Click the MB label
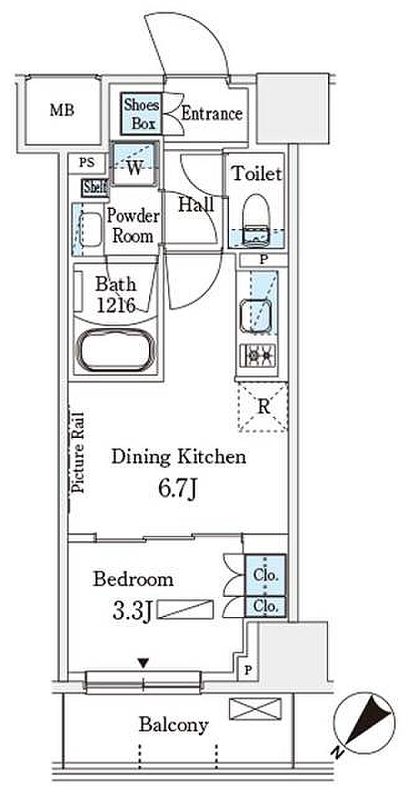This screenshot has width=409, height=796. pyautogui.click(x=62, y=110)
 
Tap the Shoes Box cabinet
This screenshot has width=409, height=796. pyautogui.click(x=141, y=114)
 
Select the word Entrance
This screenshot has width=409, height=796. pyautogui.click(x=212, y=114)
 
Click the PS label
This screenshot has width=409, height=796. pyautogui.click(x=87, y=163)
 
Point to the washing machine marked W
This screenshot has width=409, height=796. pyautogui.click(x=134, y=164)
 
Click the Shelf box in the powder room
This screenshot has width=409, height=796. pyautogui.click(x=95, y=187)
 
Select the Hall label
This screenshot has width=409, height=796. pyautogui.click(x=196, y=205)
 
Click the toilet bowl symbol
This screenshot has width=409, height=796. pyautogui.click(x=255, y=220)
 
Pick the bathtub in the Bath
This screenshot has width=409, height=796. pyautogui.click(x=116, y=350)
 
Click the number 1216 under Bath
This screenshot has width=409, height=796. pyautogui.click(x=116, y=305)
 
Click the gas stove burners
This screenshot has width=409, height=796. pyautogui.click(x=258, y=355)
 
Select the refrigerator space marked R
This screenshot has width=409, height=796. pyautogui.click(x=263, y=407)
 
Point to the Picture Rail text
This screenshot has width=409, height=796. pyautogui.click(x=78, y=452)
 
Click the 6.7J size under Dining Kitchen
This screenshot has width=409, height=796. pyautogui.click(x=178, y=489)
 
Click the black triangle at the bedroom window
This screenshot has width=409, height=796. pyautogui.click(x=143, y=663)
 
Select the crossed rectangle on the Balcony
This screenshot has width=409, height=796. pyautogui.click(x=255, y=708)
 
